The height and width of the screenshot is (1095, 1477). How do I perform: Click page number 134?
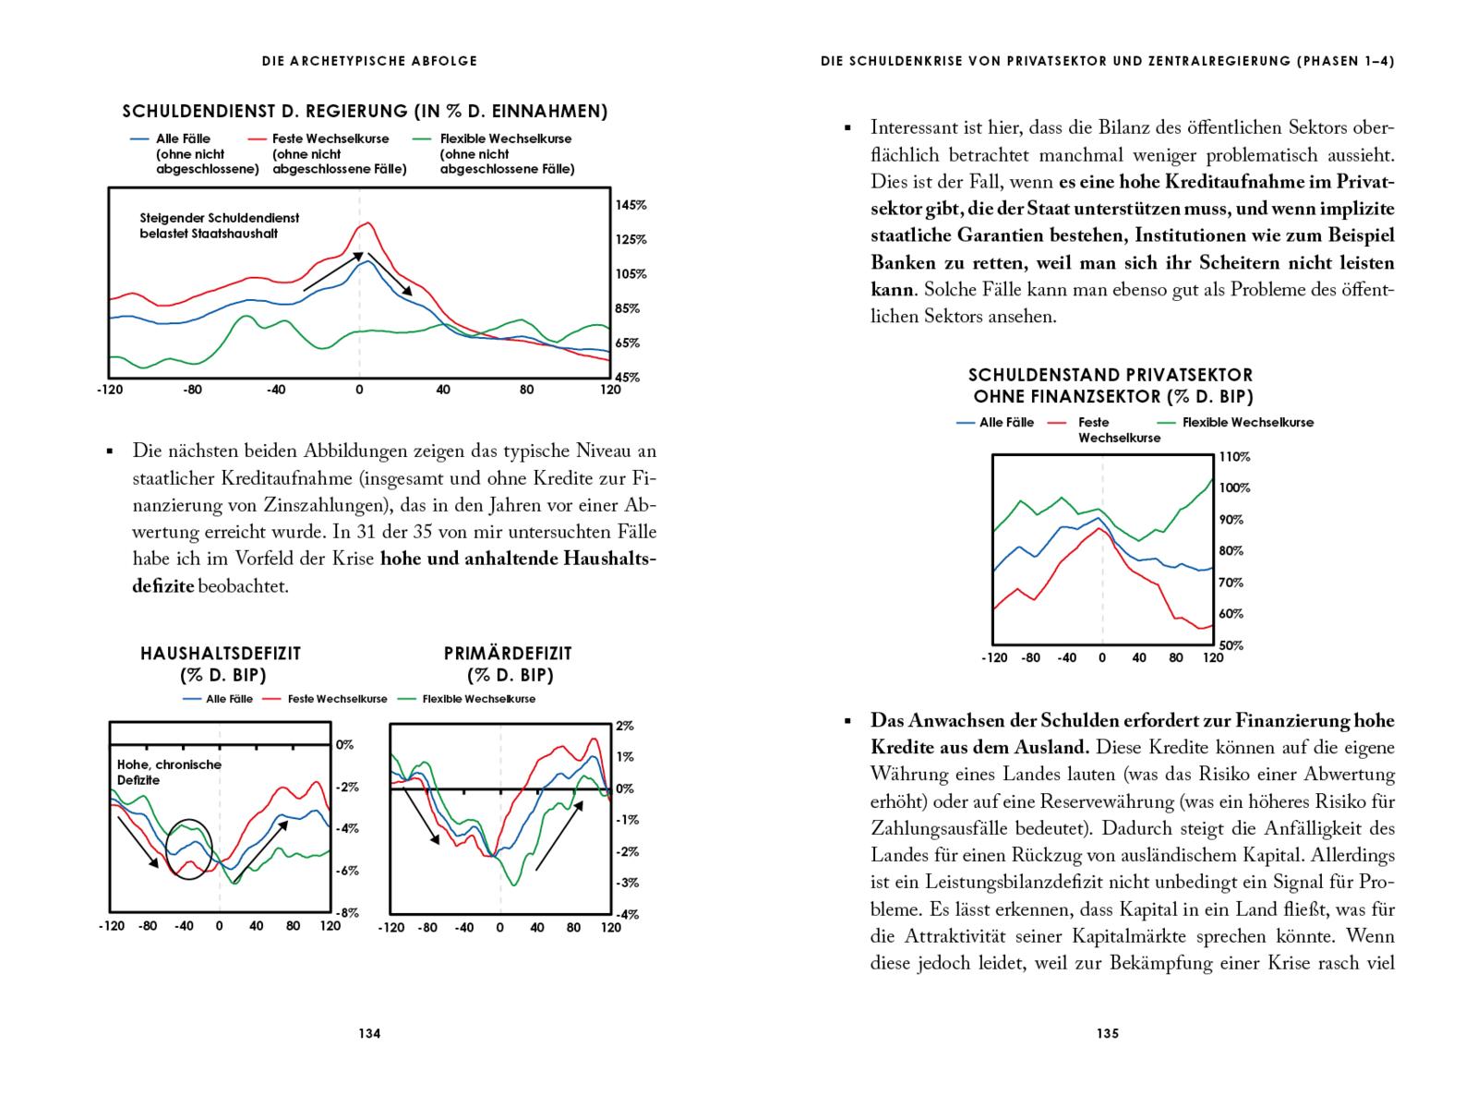click(x=369, y=1033)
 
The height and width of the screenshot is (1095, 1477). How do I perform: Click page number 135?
click(x=1108, y=1033)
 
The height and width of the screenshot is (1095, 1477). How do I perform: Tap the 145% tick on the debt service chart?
click(x=631, y=205)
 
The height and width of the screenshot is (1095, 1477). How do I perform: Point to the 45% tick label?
click(x=628, y=377)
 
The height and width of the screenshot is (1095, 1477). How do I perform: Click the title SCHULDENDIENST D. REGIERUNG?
click(x=365, y=112)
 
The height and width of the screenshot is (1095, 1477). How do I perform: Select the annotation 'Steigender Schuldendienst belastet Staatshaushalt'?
click(x=220, y=226)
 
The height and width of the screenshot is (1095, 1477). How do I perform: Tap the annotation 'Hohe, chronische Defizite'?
click(x=169, y=772)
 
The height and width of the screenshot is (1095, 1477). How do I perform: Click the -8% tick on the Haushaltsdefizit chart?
click(x=345, y=912)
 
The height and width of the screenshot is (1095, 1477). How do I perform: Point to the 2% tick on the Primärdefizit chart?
click(x=625, y=726)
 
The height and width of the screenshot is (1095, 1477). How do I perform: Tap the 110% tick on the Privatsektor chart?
click(x=1234, y=456)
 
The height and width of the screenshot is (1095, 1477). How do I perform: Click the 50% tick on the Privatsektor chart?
click(x=1231, y=644)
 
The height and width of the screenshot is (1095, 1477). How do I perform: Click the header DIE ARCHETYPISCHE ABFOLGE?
click(x=369, y=61)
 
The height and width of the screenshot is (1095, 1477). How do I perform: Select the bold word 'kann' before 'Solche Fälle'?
click(x=892, y=289)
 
